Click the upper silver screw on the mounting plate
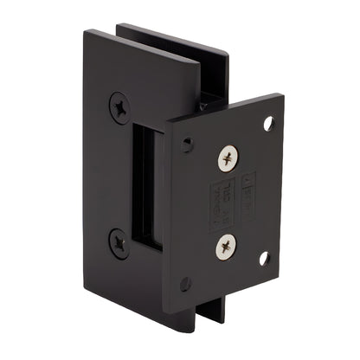[x=228, y=158]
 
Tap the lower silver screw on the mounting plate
[x=227, y=248]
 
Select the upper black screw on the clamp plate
[x=120, y=108]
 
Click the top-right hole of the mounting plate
[x=268, y=123]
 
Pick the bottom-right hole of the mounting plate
[x=264, y=258]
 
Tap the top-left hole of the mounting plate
[x=186, y=145]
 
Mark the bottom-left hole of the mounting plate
[x=185, y=284]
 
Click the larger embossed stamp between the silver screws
[x=223, y=204]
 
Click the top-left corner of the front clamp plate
[x=87, y=32]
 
